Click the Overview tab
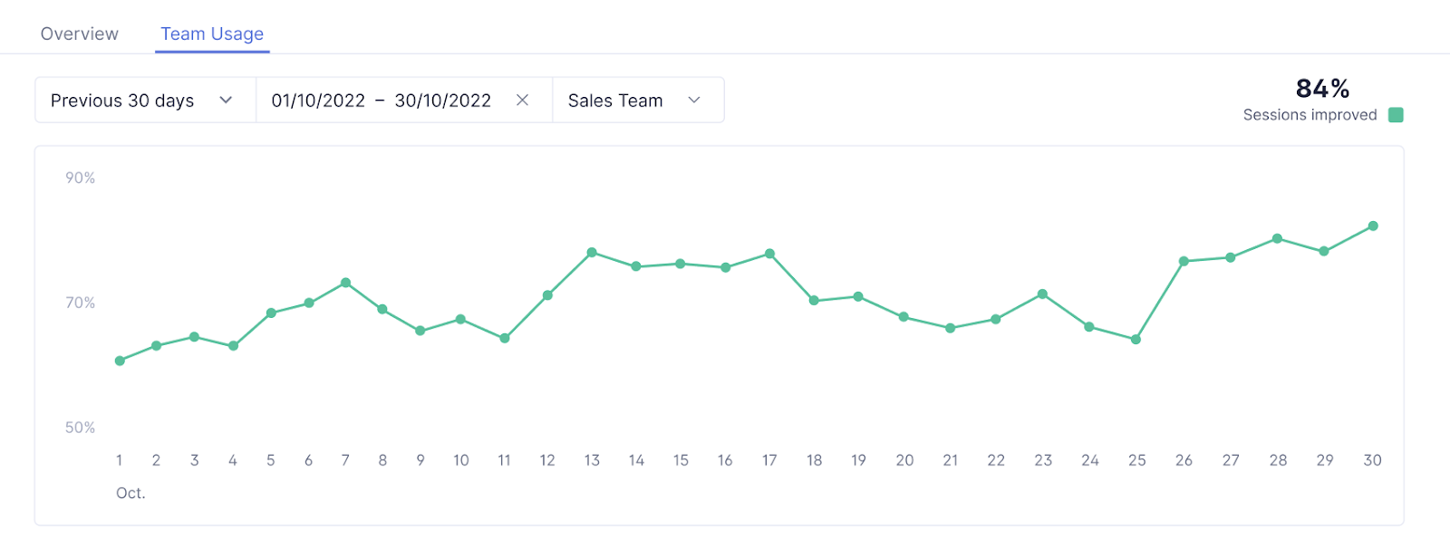pos(80,34)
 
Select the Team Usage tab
pos(212,34)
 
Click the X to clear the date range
pos(523,101)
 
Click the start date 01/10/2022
pos(318,101)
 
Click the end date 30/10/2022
pos(443,101)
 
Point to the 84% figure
pos(1322,88)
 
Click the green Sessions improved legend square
pos(1396,115)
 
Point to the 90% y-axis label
pos(80,178)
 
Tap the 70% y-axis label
pos(80,303)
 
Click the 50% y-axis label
pos(80,428)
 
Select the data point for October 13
pos(592,253)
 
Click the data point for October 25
pos(1136,340)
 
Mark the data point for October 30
pos(1373,226)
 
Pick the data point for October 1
pos(120,361)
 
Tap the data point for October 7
pos(345,283)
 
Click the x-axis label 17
pos(769,460)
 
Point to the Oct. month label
pos(130,494)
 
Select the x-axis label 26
pos(1184,460)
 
